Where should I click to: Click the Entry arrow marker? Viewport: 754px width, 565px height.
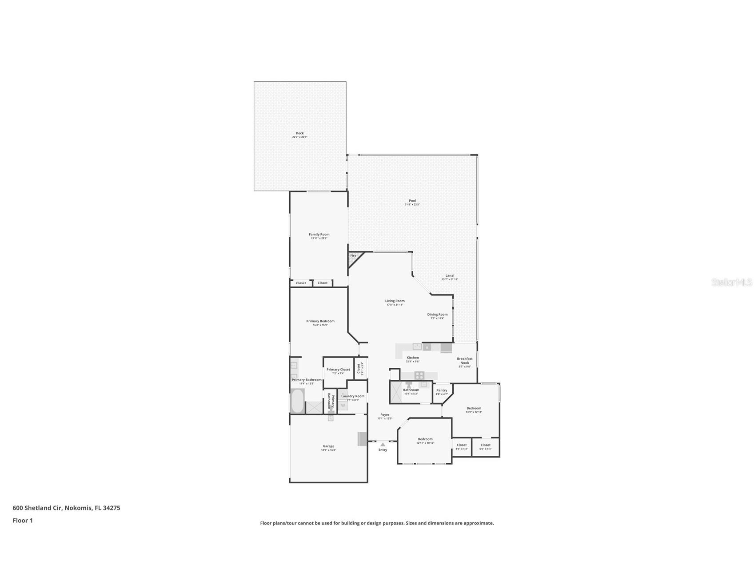click(383, 444)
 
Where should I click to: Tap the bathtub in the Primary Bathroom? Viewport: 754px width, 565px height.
click(297, 402)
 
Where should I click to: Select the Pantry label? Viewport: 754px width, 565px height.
click(442, 390)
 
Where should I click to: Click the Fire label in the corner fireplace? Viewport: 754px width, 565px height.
click(353, 256)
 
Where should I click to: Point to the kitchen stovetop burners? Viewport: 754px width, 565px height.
click(419, 376)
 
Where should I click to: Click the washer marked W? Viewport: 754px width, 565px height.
click(343, 406)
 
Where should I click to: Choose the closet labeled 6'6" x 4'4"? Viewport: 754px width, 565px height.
click(485, 446)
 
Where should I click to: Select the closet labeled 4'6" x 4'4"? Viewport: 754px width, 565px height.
click(462, 446)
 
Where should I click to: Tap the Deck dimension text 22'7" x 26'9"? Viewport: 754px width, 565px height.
click(299, 137)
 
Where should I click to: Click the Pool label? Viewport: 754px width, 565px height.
click(412, 201)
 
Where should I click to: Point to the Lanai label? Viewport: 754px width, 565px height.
click(450, 275)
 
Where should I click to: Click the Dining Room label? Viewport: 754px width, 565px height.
click(437, 314)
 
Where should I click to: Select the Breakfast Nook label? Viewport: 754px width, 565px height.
click(464, 361)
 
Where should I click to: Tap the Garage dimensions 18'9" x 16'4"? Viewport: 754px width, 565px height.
click(328, 450)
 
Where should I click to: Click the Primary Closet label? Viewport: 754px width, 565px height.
click(338, 370)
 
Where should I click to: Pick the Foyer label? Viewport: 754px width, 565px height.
click(385, 415)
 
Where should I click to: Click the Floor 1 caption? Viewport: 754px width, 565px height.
click(23, 521)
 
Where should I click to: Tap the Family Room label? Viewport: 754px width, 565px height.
click(319, 235)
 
